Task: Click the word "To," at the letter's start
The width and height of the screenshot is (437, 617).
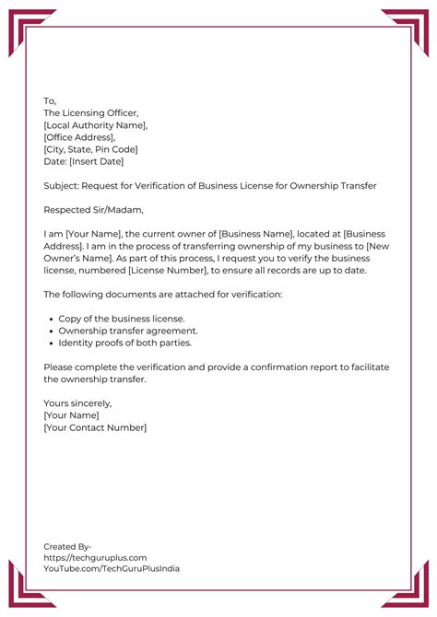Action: click(x=50, y=101)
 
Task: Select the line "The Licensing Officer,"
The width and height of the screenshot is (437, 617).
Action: click(x=90, y=113)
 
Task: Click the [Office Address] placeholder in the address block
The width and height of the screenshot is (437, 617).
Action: click(x=79, y=137)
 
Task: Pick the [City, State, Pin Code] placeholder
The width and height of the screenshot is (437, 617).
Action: click(x=90, y=149)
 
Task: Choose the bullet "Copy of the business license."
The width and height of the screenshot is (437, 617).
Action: click(x=121, y=318)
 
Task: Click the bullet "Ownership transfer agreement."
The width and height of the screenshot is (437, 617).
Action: click(x=127, y=330)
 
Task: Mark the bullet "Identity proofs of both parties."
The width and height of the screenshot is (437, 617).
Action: click(x=124, y=343)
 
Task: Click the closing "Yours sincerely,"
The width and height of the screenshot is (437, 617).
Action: click(x=77, y=403)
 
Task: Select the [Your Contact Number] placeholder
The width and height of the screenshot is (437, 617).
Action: click(x=95, y=427)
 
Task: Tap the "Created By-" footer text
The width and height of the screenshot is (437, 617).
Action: click(x=67, y=546)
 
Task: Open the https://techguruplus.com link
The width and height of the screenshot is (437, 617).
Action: click(x=95, y=557)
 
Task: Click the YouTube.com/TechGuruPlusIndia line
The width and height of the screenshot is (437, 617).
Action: click(x=112, y=569)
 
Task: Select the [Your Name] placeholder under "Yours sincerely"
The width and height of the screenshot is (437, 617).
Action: click(x=71, y=415)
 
